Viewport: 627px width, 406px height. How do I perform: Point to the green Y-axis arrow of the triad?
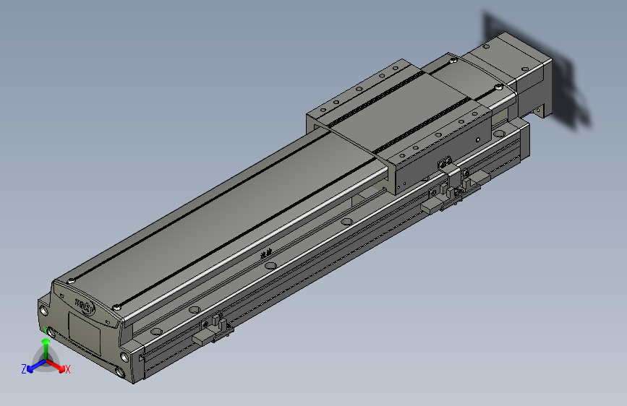tap(46, 348)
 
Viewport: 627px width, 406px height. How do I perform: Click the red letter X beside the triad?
tap(67, 369)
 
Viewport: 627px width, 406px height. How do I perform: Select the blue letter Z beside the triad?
tap(24, 368)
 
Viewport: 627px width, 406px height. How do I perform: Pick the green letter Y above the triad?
tap(44, 331)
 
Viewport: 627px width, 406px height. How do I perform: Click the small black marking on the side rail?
tap(267, 253)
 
